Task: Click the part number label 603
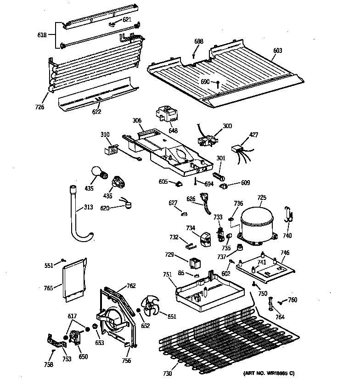point(277,51)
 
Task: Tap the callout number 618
point(41,34)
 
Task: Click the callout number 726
point(40,107)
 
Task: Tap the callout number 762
point(131,286)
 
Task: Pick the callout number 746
point(285,253)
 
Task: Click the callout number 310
point(105,135)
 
